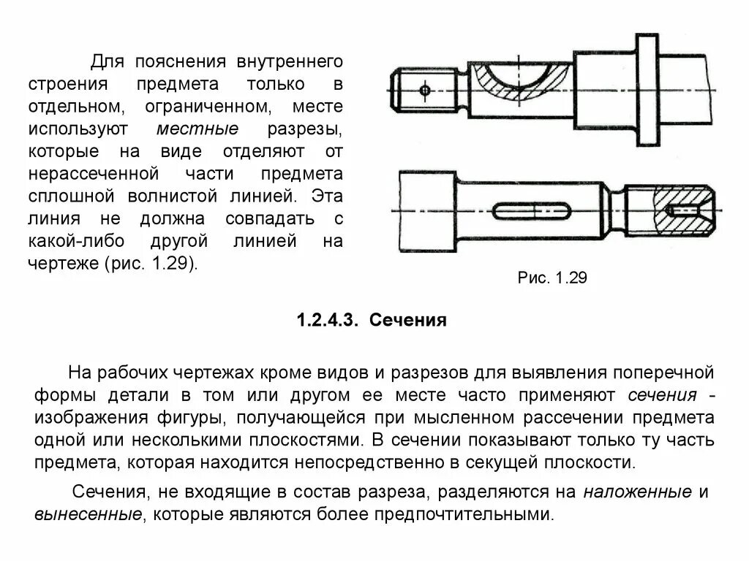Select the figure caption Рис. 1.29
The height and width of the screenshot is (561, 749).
tap(552, 278)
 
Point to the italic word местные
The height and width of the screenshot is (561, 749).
tap(197, 129)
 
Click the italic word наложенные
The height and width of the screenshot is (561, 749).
tap(637, 492)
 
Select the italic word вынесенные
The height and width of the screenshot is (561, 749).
tap(87, 514)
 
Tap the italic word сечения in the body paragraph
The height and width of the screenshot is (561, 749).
tap(662, 395)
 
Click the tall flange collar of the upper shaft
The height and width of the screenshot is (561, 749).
tap(647, 91)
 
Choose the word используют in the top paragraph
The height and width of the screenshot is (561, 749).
tap(78, 129)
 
